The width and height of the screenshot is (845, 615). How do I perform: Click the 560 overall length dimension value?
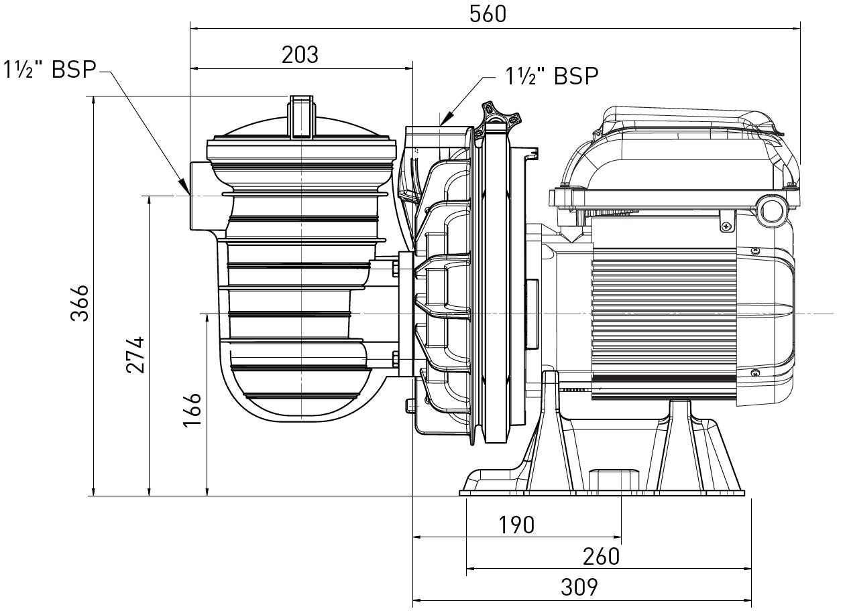click(488, 15)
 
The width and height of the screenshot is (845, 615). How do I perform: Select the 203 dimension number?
click(300, 55)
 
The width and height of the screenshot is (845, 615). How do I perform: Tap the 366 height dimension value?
click(80, 303)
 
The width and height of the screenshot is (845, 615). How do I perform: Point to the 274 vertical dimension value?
click(135, 355)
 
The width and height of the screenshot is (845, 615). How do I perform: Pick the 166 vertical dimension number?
click(192, 410)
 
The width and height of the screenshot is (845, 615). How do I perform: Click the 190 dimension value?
click(516, 525)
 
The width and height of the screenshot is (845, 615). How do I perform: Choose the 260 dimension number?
click(602, 557)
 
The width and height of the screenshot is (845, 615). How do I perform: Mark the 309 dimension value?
click(579, 588)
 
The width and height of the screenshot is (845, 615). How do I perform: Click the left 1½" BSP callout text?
click(50, 70)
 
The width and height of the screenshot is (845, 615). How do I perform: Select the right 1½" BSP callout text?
click(551, 76)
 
